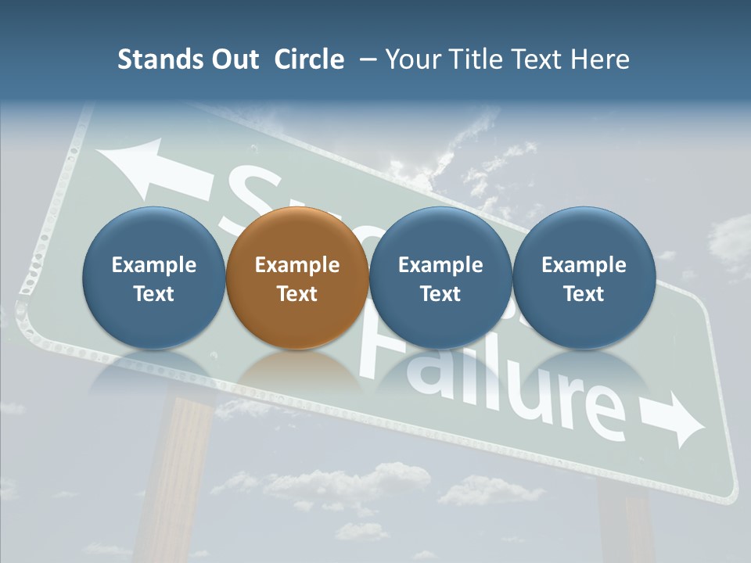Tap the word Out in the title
pos(233,59)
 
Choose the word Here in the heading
pos(600,59)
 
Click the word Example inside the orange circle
pos(296,265)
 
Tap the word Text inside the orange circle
pos(296,294)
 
